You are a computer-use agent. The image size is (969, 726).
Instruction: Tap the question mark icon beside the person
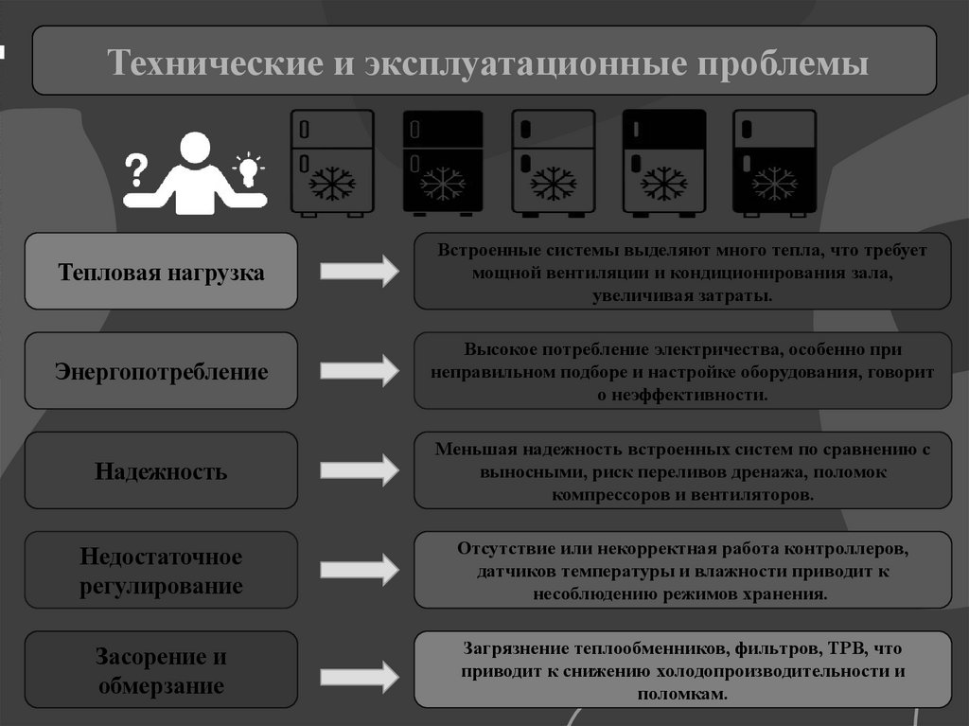137,169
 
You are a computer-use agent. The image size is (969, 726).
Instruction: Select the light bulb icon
248,169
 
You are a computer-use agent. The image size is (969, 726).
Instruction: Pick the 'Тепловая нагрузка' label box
161,272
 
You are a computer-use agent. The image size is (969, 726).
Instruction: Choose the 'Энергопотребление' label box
161,371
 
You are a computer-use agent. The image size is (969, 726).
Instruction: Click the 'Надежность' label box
161,470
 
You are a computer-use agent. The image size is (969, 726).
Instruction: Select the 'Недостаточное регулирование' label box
161,570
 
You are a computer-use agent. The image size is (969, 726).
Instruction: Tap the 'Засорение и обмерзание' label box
161,669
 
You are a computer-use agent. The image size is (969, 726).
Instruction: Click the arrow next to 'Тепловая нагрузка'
360,272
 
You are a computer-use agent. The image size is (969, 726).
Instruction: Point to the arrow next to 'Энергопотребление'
360,370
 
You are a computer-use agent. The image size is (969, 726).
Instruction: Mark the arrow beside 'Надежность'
360,469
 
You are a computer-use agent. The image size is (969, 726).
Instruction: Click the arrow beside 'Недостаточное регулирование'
360,569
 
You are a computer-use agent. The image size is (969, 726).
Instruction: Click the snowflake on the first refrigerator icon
333,183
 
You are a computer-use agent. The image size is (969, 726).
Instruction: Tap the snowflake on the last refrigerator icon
775,183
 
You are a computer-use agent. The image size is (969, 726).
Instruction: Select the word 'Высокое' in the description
498,348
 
